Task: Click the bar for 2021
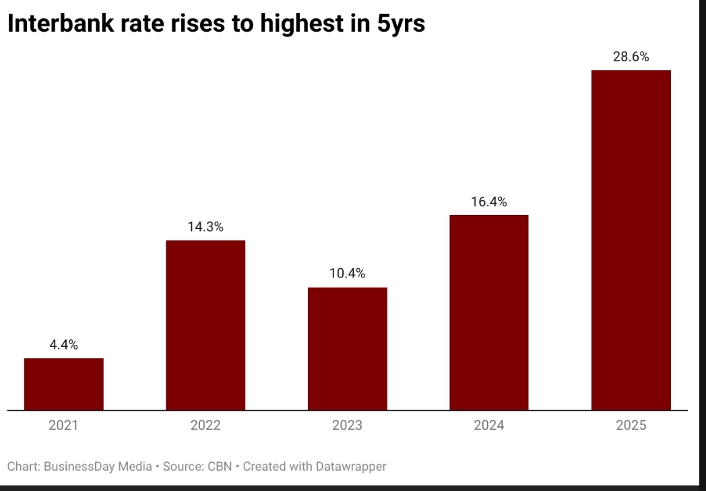(x=64, y=384)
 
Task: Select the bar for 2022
(x=205, y=325)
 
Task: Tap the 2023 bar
(x=348, y=348)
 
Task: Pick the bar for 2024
(x=489, y=312)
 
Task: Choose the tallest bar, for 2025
(x=631, y=240)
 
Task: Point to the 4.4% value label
(x=64, y=345)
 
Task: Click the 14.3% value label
(x=205, y=227)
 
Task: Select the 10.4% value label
(x=348, y=273)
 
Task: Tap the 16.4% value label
(x=489, y=201)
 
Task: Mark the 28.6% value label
(x=631, y=57)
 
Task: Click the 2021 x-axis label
(x=64, y=425)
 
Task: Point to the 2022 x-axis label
(x=205, y=425)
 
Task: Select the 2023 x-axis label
(x=348, y=425)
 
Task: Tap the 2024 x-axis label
(x=489, y=425)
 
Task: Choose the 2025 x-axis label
(x=631, y=425)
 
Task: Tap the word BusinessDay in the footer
(x=78, y=466)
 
